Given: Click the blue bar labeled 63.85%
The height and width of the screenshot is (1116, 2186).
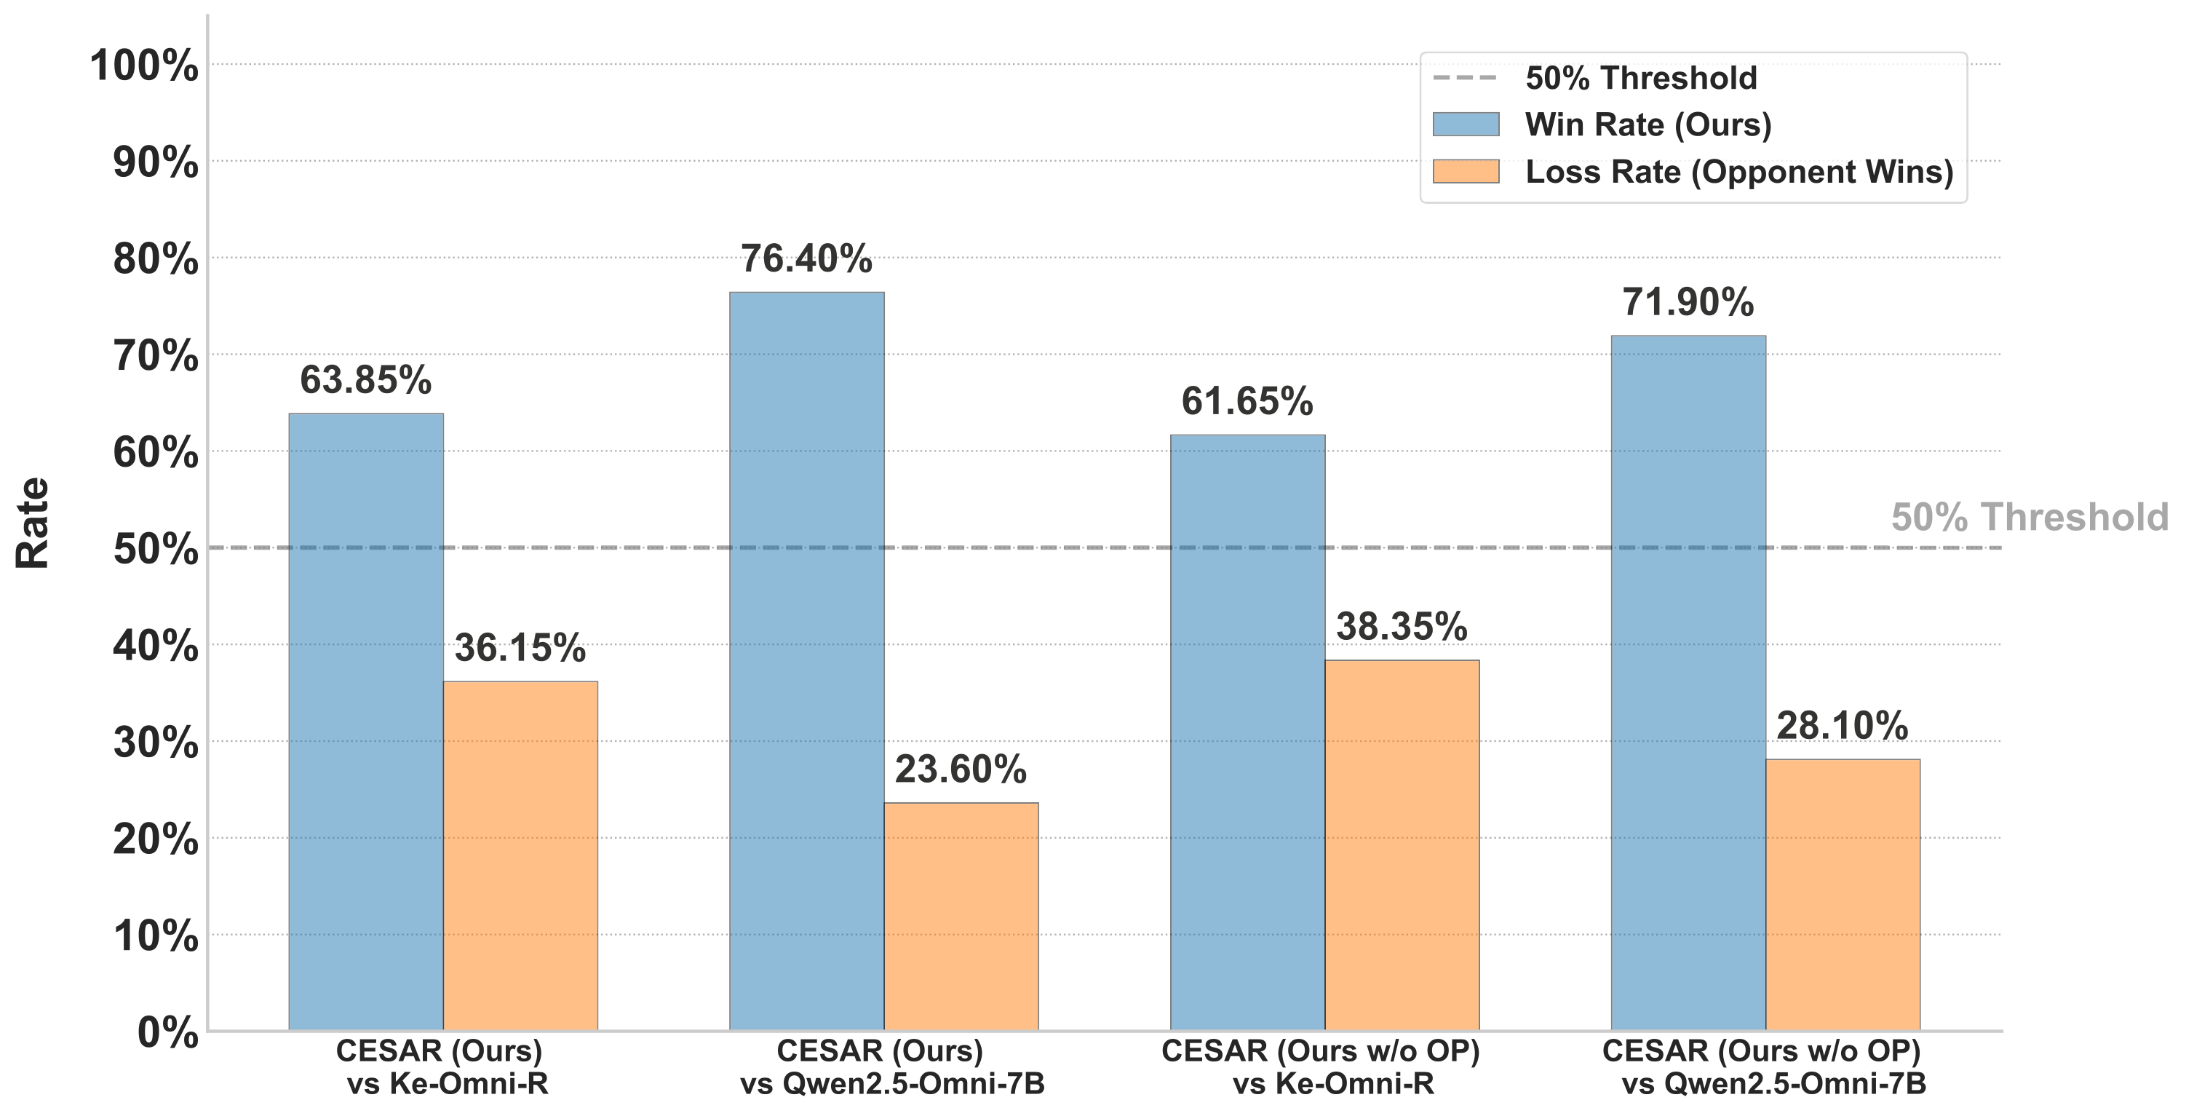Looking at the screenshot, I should (x=366, y=721).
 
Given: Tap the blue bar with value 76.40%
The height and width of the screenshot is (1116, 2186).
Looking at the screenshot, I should (x=806, y=662).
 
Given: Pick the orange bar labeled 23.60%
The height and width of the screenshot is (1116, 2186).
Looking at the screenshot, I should (x=961, y=917).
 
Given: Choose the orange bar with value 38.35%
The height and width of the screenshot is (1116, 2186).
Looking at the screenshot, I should (x=1402, y=845).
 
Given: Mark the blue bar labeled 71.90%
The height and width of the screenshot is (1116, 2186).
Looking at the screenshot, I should (x=1688, y=683).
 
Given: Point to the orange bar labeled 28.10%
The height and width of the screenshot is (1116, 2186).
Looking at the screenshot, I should (x=1843, y=895).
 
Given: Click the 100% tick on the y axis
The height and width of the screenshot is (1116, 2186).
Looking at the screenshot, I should (x=144, y=66).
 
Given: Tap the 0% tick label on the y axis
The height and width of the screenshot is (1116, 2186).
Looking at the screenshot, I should (x=167, y=1033).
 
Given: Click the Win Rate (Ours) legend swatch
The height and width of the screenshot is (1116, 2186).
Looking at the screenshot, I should (x=1466, y=124).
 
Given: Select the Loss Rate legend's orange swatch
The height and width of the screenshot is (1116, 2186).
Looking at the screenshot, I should (x=1466, y=171).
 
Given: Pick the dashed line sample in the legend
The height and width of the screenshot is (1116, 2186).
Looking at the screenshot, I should (x=1466, y=78).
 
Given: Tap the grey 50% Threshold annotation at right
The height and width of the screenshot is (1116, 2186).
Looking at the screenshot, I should (x=2029, y=518).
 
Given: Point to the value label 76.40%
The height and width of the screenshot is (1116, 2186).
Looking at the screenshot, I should (x=806, y=259).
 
